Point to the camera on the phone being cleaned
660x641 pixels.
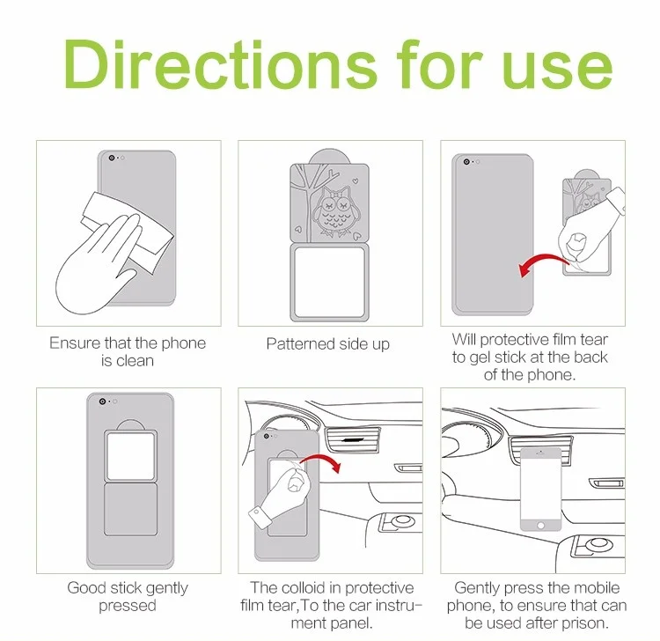point(112,158)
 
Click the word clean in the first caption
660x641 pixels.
point(135,361)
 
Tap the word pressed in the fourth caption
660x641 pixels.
point(127,606)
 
